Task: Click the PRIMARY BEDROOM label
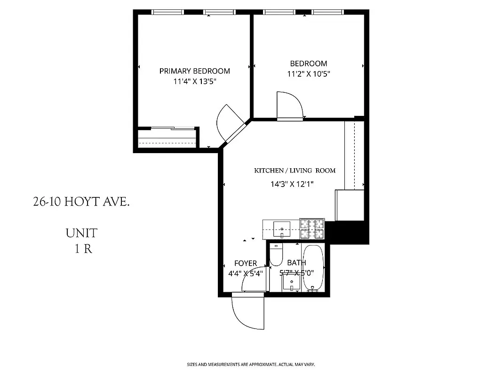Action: (x=194, y=71)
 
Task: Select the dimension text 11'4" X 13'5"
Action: (x=194, y=82)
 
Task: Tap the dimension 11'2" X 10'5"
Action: (x=308, y=74)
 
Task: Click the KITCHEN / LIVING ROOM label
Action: (x=295, y=171)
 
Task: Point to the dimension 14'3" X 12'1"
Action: (x=292, y=184)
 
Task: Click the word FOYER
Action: (x=246, y=263)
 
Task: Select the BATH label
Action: (x=296, y=262)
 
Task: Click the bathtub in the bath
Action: (x=313, y=267)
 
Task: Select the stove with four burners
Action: (x=312, y=229)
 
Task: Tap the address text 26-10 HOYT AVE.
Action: (x=81, y=202)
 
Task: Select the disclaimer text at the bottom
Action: (x=251, y=365)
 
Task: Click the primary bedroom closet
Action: (x=167, y=139)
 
